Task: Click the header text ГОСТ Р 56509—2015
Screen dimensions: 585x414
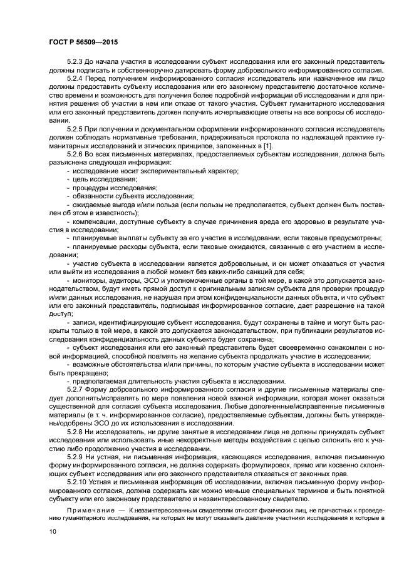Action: pyautogui.click(x=83, y=42)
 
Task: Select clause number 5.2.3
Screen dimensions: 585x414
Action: pyautogui.click(x=76, y=63)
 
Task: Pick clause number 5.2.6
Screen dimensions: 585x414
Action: pyautogui.click(x=76, y=153)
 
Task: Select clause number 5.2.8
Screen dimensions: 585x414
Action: pyautogui.click(x=76, y=431)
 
